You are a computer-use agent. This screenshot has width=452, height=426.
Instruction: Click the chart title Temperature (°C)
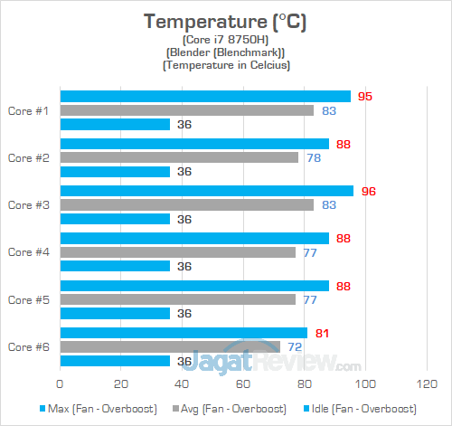tap(224, 21)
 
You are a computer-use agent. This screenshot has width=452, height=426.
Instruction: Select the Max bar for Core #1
tap(204, 96)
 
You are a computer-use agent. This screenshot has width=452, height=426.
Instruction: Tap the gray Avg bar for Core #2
tap(179, 157)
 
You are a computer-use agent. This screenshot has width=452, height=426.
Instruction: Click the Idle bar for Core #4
tap(115, 266)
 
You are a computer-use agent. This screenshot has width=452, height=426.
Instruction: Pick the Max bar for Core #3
tap(206, 191)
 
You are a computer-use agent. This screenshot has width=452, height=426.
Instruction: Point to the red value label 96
tap(368, 191)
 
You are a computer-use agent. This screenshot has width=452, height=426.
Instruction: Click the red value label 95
tap(365, 96)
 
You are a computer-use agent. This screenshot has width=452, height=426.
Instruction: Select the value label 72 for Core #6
tap(295, 346)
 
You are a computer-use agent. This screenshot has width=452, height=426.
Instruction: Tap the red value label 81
tap(322, 333)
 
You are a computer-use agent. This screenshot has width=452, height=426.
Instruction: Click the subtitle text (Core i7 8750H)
tap(224, 41)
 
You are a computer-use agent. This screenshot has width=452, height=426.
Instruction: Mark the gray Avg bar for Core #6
tap(170, 346)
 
